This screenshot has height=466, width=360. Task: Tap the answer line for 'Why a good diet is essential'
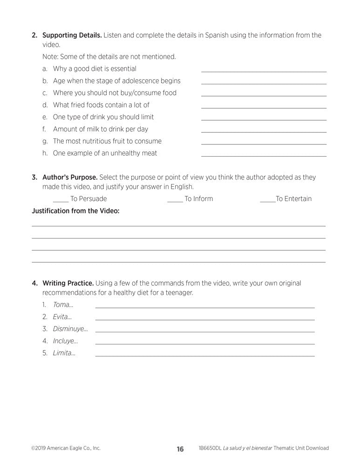[264, 71]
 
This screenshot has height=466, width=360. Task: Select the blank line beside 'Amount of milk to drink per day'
[264, 131]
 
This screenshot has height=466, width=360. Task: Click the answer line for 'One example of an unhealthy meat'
[264, 156]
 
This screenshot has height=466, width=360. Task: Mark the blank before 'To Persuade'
[60, 201]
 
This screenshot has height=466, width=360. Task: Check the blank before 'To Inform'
[175, 201]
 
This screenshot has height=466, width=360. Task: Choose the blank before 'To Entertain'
[267, 201]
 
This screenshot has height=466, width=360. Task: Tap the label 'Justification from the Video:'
[75, 211]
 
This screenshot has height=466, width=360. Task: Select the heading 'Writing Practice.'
[68, 283]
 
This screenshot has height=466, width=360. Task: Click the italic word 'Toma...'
[63, 305]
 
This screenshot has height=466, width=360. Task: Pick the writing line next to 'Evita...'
[204, 319]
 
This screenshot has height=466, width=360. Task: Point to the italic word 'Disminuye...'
[70, 329]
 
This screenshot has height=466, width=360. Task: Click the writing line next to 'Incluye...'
[204, 343]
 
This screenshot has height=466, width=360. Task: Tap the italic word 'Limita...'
[64, 353]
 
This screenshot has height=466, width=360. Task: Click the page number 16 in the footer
[180, 449]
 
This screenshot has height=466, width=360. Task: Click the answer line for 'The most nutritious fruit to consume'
[264, 144]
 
